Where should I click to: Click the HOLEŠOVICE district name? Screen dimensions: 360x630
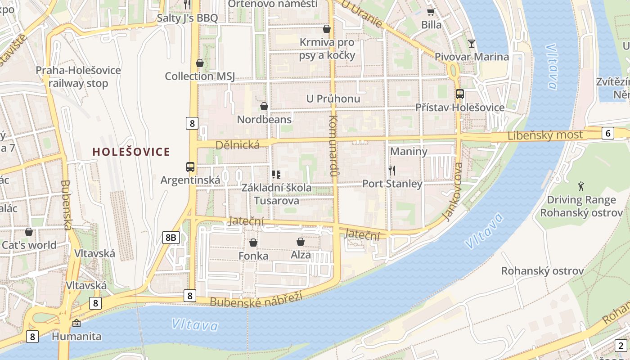131,152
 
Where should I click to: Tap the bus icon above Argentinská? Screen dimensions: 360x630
190,167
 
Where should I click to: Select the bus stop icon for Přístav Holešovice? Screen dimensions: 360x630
459,94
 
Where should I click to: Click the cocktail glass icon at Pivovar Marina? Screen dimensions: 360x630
471,44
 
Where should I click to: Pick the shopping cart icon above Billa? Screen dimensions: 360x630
431,12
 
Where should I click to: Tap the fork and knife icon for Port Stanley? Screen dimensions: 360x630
392,171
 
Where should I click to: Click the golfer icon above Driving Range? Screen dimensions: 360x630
581,186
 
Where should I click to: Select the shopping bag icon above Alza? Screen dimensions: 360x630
300,242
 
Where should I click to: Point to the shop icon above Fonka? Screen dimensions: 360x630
253,243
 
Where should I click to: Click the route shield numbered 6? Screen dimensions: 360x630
607,133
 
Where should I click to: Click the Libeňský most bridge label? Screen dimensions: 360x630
545,135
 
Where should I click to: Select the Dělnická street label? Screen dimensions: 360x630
238,145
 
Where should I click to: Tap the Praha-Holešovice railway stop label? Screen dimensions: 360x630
78,77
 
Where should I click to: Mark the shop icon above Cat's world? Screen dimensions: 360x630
29,232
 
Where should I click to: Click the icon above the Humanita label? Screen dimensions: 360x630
76,323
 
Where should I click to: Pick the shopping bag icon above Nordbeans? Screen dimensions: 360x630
264,106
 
